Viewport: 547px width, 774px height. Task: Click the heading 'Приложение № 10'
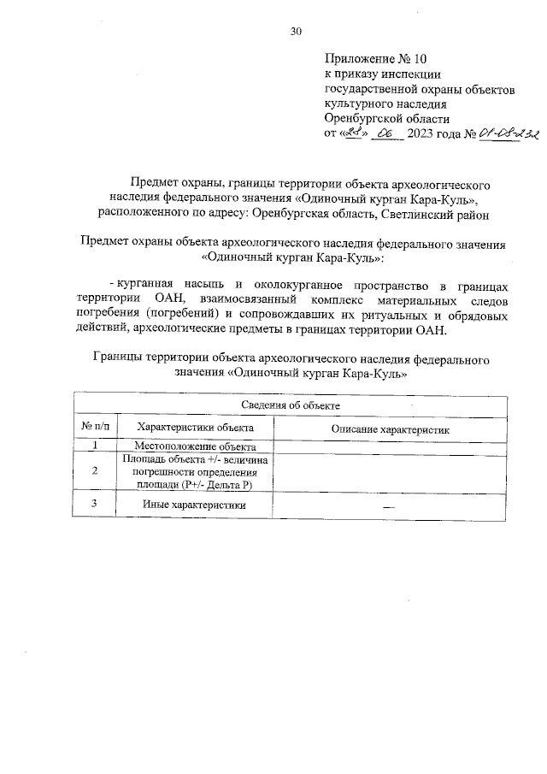[x=374, y=59]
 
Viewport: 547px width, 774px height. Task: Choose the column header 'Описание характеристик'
[x=390, y=428]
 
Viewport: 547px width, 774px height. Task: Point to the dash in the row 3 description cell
[x=390, y=506]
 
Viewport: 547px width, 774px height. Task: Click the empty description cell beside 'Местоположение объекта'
[x=390, y=446]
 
